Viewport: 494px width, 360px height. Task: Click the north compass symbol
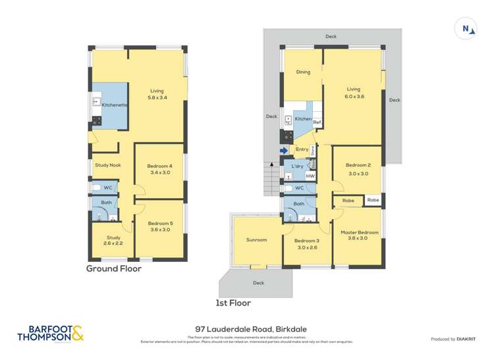pos(467,28)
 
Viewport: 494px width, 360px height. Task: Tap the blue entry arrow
pos(283,150)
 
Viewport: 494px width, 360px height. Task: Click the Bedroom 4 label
pos(160,169)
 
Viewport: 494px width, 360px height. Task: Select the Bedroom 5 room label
pos(160,227)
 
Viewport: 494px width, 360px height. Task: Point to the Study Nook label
pos(107,165)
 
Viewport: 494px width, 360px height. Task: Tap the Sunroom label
pos(256,240)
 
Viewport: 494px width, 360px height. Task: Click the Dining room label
pos(303,72)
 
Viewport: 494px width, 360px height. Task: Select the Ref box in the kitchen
pos(317,123)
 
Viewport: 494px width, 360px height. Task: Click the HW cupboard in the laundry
pos(310,176)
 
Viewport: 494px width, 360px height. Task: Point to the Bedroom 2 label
pos(359,168)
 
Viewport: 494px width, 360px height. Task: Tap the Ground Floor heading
pos(114,269)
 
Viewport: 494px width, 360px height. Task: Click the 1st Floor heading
pos(233,303)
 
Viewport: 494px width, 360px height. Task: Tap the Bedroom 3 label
pos(306,244)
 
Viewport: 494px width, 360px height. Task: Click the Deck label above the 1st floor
pos(331,36)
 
